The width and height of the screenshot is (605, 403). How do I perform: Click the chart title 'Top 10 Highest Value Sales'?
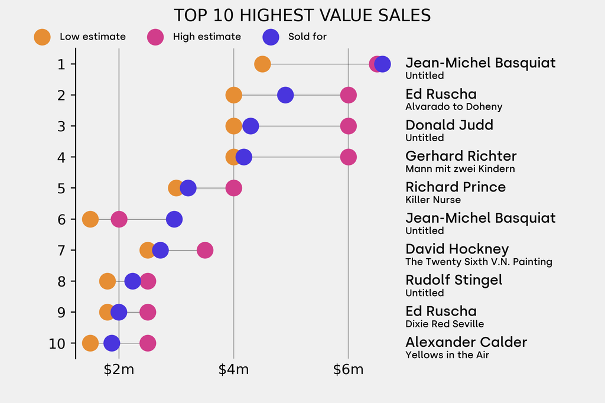(302, 15)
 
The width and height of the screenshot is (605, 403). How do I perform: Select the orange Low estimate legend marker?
(43, 37)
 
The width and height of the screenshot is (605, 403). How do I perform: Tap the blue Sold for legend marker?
(271, 37)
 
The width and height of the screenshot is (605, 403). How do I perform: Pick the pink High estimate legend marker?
(155, 37)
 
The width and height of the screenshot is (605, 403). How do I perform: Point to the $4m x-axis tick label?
(233, 370)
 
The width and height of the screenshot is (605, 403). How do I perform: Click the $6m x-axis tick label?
(348, 370)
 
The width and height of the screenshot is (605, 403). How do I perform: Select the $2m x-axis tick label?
(119, 370)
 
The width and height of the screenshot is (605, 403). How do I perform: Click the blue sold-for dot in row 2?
(285, 95)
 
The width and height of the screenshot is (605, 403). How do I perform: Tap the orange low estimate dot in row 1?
(262, 64)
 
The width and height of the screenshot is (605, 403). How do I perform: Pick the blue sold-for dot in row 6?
(174, 219)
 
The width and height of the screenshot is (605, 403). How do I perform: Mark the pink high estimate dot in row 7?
(204, 250)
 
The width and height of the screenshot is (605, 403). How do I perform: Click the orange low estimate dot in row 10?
(90, 343)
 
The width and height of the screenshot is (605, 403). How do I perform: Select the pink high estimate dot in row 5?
(234, 188)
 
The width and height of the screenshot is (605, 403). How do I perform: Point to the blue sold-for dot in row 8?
(133, 281)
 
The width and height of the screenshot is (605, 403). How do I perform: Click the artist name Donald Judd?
(449, 125)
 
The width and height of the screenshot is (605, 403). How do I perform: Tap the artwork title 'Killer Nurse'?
(432, 200)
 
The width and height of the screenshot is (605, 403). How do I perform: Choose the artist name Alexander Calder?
(466, 342)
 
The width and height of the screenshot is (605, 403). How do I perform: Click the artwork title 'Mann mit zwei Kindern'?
(460, 169)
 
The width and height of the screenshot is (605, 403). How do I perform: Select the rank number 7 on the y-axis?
(62, 250)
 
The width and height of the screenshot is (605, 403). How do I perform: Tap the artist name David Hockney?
(457, 249)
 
